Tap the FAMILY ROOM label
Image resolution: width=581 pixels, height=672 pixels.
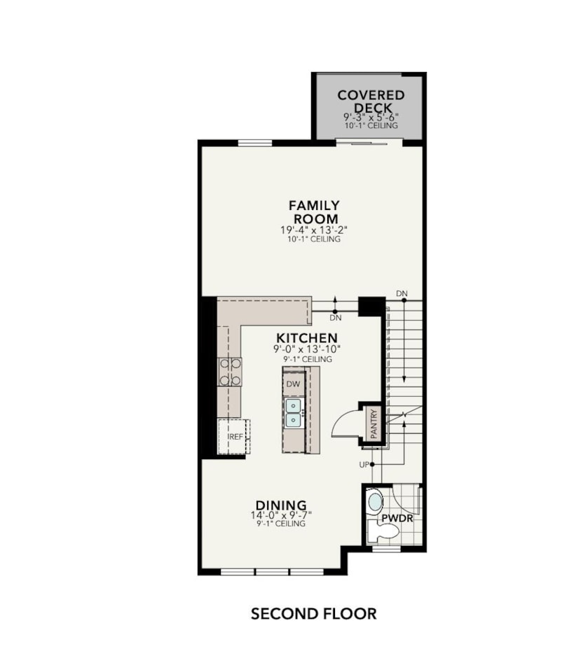[x=314, y=212]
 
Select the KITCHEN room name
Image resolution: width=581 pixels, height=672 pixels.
[x=306, y=337]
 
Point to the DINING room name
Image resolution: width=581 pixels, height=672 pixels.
[x=280, y=505]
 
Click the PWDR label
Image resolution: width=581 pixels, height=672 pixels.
[x=396, y=519]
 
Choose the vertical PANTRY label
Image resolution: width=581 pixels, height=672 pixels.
[x=374, y=423]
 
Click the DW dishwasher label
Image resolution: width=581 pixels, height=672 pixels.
[x=293, y=384]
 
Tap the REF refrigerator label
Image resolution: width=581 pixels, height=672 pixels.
[x=235, y=437]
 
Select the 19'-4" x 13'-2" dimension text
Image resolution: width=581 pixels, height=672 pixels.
[x=314, y=229]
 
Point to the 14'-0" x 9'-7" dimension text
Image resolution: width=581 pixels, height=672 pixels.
[x=280, y=515]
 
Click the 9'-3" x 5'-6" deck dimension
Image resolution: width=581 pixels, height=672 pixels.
[x=371, y=117]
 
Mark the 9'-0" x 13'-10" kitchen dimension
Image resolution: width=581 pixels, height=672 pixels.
[x=306, y=349]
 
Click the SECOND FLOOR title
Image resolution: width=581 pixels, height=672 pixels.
[x=313, y=614]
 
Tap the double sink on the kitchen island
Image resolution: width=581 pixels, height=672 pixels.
[x=293, y=413]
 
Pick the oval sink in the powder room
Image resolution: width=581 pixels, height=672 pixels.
[x=376, y=501]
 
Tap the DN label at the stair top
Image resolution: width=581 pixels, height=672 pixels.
[x=402, y=293]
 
